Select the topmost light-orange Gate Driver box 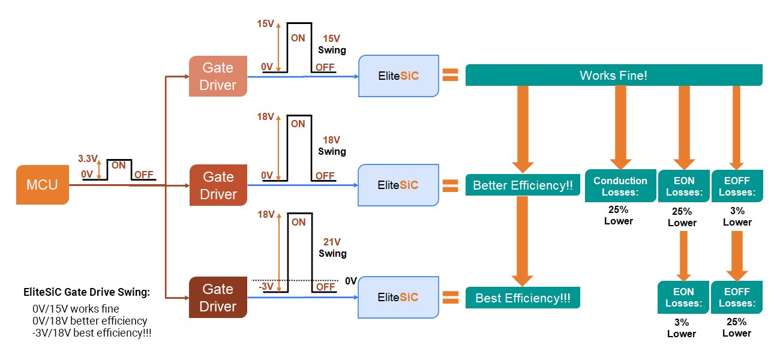point(218,76)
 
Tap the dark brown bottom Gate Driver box point(218,298)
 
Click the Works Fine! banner point(613,76)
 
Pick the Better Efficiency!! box point(523,185)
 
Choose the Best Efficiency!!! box point(523,298)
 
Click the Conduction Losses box point(620,186)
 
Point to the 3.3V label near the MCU point(87,159)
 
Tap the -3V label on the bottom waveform point(267,287)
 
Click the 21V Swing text point(332,247)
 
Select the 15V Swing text point(332,44)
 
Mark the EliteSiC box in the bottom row point(398,298)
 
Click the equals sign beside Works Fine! point(450,76)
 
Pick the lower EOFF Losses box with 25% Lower point(737,297)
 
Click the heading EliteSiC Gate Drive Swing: point(86,293)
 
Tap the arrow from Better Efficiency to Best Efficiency point(523,240)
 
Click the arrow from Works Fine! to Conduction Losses point(620,126)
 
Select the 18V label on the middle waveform point(266,116)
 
